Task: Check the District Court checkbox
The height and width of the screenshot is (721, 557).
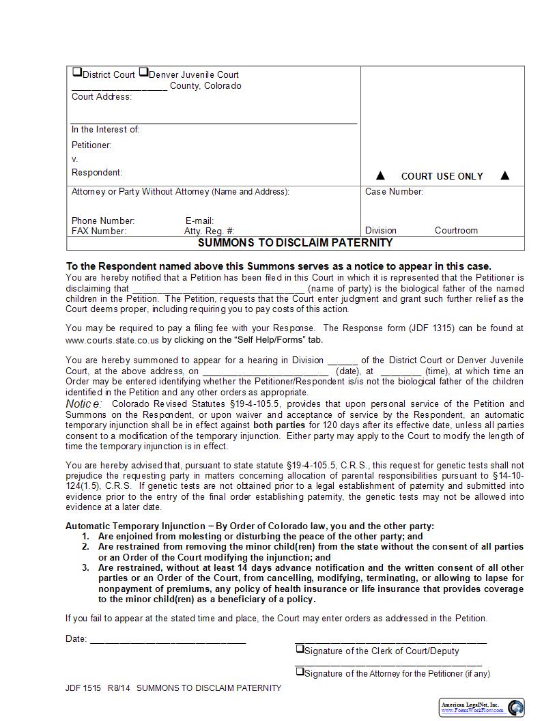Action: [x=77, y=72]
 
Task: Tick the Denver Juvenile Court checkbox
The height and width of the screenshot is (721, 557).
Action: [x=143, y=72]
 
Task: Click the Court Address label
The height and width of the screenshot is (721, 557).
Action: [x=102, y=97]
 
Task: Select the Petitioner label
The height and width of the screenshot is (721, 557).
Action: [x=91, y=145]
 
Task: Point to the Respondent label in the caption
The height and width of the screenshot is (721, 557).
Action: [x=97, y=173]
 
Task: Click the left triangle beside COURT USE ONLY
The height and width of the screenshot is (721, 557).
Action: [x=381, y=176]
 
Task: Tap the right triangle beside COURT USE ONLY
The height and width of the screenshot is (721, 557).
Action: [x=504, y=176]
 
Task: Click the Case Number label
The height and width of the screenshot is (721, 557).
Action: [x=394, y=192]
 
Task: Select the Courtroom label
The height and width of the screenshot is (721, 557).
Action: [x=456, y=231]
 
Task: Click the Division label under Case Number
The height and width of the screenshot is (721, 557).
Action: [x=380, y=231]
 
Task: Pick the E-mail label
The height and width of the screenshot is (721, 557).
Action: [x=199, y=221]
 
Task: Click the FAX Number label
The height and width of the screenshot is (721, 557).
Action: [x=99, y=231]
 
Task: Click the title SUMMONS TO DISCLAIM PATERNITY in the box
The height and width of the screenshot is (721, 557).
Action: [x=295, y=242]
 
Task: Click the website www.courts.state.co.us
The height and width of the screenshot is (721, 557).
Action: [x=112, y=339]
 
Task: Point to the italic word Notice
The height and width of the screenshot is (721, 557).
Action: [x=83, y=404]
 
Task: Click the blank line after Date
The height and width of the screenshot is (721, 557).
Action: [x=167, y=639]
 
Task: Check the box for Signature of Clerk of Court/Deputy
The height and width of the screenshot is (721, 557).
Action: [x=299, y=649]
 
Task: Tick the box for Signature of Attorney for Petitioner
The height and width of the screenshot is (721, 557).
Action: [x=299, y=672]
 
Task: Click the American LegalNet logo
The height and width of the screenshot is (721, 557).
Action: [x=481, y=707]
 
